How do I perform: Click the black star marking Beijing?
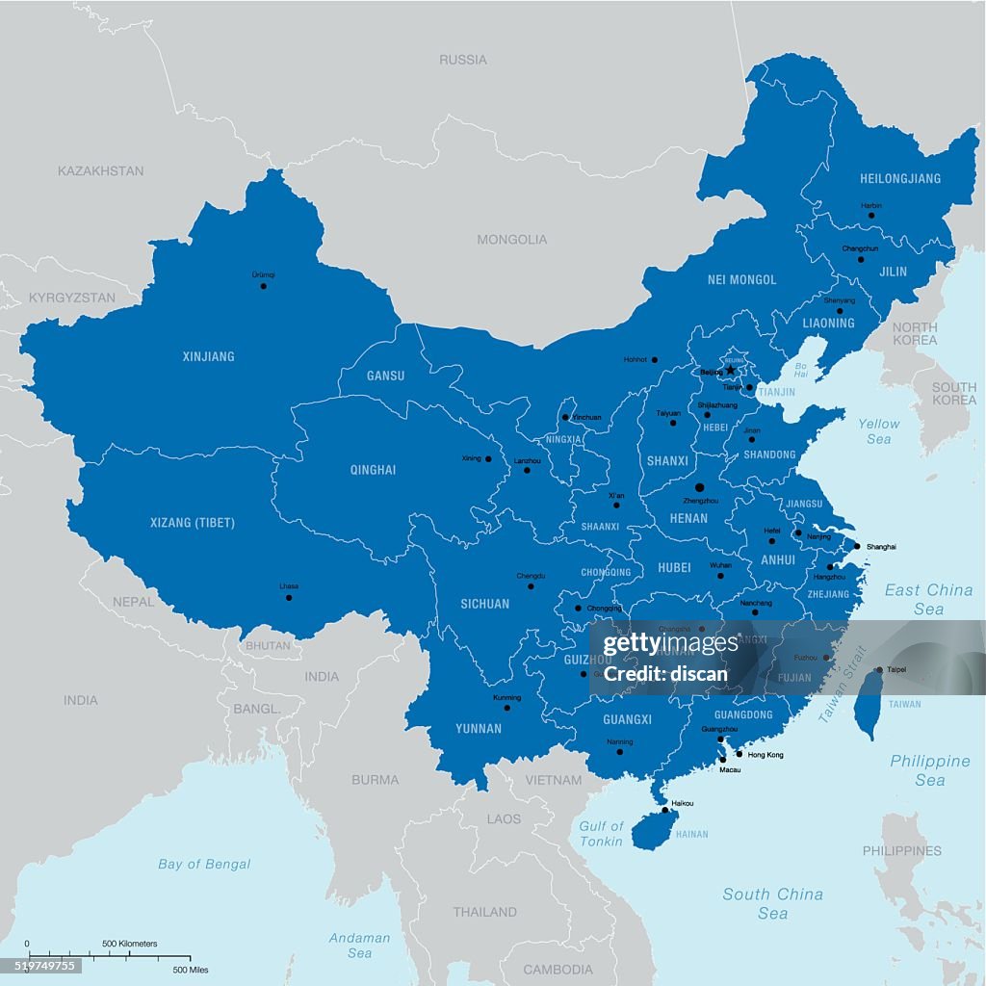pyautogui.click(x=731, y=370)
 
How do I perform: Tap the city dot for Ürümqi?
pyautogui.click(x=263, y=286)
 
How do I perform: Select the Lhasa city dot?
pyautogui.click(x=289, y=598)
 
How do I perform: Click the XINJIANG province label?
pyautogui.click(x=208, y=356)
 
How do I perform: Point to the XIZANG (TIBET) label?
pyautogui.click(x=193, y=523)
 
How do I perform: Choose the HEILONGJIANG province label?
pyautogui.click(x=899, y=178)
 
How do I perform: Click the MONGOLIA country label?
pyautogui.click(x=512, y=239)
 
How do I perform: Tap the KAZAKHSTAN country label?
pyautogui.click(x=100, y=170)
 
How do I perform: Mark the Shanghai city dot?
pyautogui.click(x=857, y=546)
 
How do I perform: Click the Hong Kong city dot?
pyautogui.click(x=739, y=754)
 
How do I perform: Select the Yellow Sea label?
pyautogui.click(x=878, y=430)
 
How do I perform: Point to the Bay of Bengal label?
pyautogui.click(x=204, y=864)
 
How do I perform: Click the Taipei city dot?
pyautogui.click(x=878, y=670)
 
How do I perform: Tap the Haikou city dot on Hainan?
pyautogui.click(x=664, y=810)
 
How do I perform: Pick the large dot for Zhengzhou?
pyautogui.click(x=699, y=488)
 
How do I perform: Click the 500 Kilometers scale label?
pyautogui.click(x=130, y=944)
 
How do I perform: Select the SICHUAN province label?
pyautogui.click(x=485, y=604)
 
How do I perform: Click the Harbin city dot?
pyautogui.click(x=871, y=215)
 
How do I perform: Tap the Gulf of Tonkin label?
pyautogui.click(x=601, y=834)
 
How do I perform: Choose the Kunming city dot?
pyautogui.click(x=506, y=708)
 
